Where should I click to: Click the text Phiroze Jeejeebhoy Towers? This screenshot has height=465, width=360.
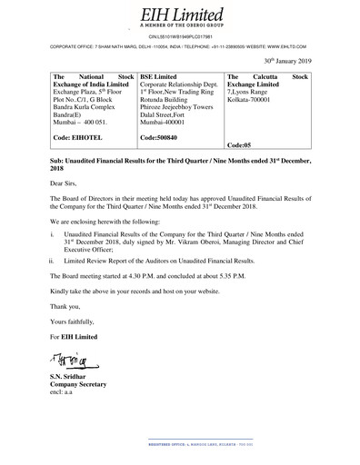click(179, 107)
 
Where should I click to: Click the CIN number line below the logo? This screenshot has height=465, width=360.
click(179, 35)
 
